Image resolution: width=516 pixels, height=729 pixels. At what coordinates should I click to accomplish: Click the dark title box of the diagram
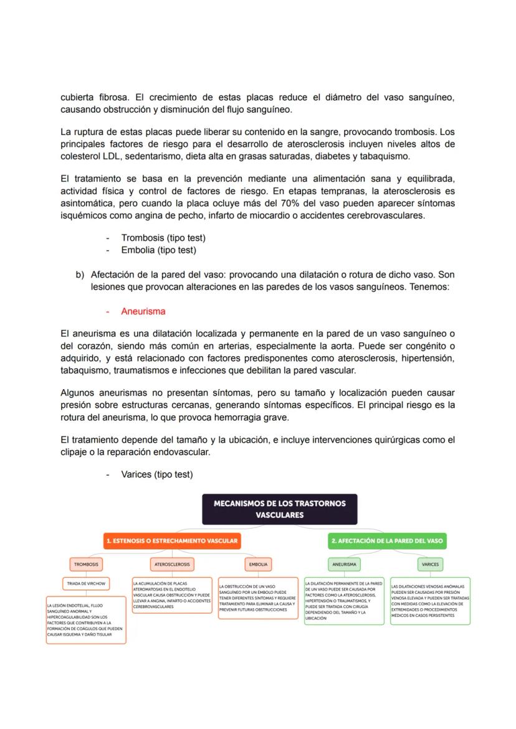279,509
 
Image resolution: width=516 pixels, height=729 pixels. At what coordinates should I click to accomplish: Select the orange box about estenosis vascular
172,541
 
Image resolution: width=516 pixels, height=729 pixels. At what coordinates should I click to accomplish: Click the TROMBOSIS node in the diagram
86,564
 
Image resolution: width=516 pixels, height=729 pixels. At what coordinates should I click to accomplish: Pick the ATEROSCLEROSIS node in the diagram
172,564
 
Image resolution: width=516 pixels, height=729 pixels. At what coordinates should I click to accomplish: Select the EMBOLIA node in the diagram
257,564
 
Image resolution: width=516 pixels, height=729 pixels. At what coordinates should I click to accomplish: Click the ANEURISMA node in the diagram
344,564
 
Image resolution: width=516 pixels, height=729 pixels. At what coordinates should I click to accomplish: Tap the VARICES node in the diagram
430,564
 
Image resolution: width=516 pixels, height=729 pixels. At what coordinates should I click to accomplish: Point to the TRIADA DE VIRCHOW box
86,584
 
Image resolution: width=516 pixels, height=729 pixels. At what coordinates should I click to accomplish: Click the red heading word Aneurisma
143,311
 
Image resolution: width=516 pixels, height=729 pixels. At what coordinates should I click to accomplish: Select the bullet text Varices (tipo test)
157,474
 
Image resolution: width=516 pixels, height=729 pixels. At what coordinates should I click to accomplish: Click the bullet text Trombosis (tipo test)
163,238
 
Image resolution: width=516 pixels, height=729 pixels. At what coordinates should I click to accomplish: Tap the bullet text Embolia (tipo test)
159,250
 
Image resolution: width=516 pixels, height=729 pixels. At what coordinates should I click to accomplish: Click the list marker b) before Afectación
80,275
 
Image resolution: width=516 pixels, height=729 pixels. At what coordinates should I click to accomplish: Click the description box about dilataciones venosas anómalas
430,601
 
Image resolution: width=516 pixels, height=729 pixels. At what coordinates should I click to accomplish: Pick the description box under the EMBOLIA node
257,598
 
